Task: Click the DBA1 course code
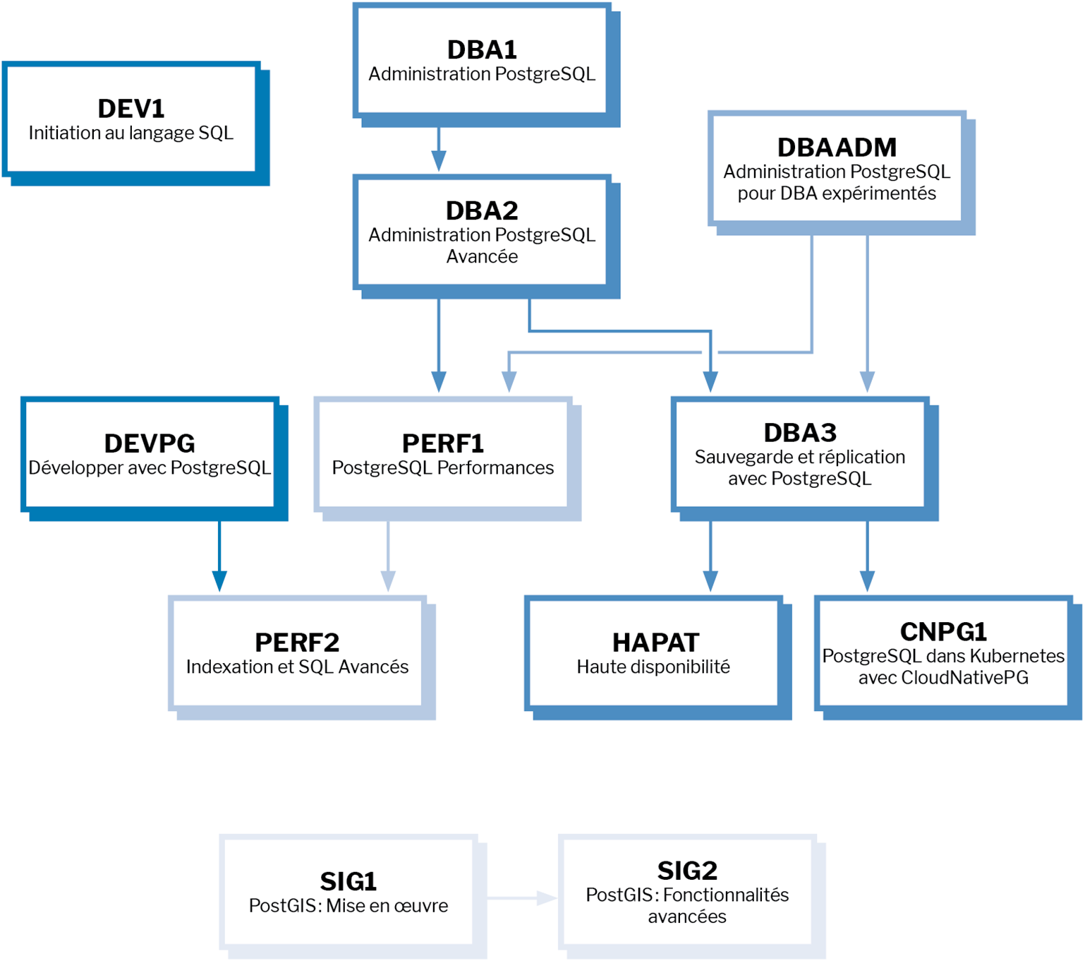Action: click(x=481, y=50)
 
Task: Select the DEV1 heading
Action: click(x=131, y=109)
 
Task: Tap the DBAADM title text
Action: click(x=837, y=148)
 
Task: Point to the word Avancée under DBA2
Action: click(x=481, y=256)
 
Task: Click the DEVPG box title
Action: click(x=150, y=443)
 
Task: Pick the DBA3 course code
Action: click(x=799, y=433)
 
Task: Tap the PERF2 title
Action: click(x=297, y=643)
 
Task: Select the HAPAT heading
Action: click(x=655, y=643)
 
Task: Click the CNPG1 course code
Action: click(x=943, y=631)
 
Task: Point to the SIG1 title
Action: click(x=348, y=881)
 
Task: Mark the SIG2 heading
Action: click(x=687, y=871)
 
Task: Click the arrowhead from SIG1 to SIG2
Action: click(x=547, y=898)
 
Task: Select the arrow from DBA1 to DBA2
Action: click(x=439, y=150)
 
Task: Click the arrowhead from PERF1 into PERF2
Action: click(x=388, y=582)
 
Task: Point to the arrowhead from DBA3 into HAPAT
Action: click(x=710, y=582)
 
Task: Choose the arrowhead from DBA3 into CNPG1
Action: click(x=867, y=582)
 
